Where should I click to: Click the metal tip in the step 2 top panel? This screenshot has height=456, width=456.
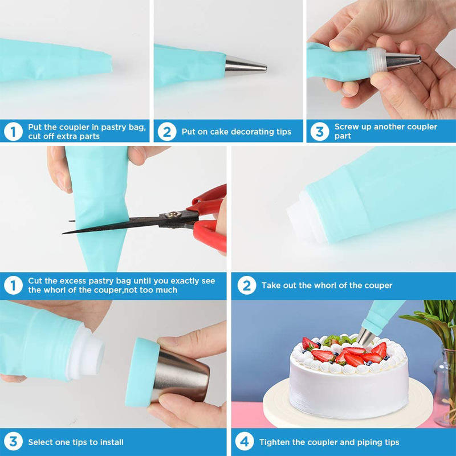pos(245,66)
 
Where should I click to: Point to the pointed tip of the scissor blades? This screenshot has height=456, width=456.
pos(63,233)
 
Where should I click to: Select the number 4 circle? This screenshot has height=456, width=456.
pos(245,441)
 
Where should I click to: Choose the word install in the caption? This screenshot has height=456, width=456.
pos(112,442)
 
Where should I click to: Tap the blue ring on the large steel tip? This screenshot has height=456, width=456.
pos(141,372)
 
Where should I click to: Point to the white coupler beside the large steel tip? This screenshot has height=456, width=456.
pos(85,352)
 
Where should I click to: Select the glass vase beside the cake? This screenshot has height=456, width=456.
pos(445,387)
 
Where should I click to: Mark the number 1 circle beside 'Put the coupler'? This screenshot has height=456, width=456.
pos(13,132)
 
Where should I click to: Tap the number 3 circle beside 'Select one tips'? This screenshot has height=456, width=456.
pos(13,441)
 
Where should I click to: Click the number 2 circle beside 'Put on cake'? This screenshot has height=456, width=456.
pos(166,132)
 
